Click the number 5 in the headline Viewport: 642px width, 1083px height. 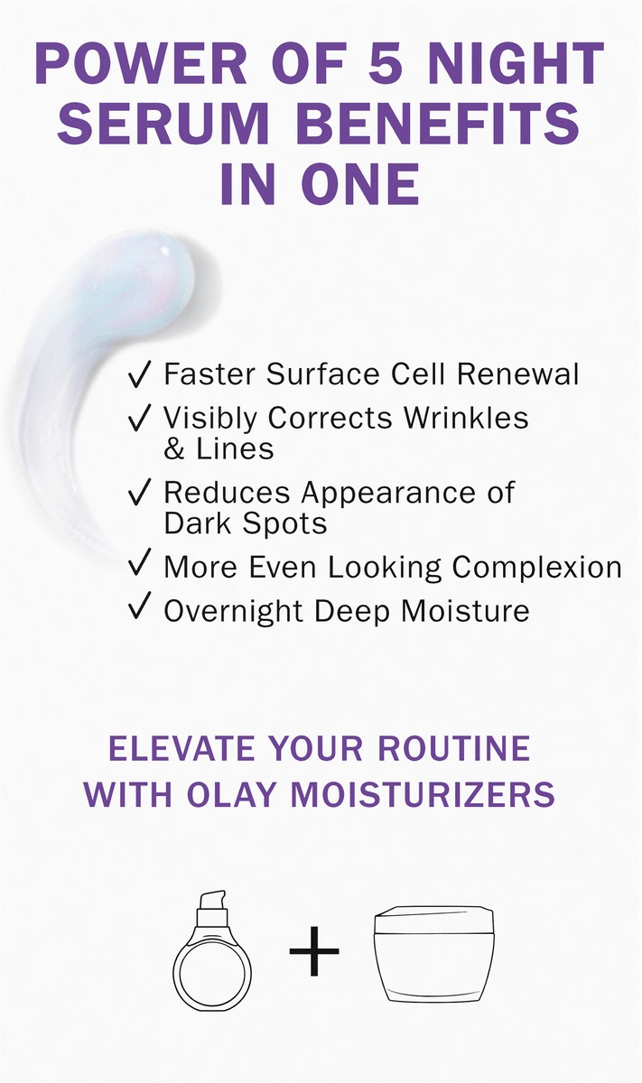coord(386,63)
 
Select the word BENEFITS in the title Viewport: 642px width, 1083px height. coord(438,123)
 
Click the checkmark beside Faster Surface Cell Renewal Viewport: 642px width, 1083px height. coord(139,375)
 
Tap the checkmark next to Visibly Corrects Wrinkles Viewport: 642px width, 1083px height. coord(139,418)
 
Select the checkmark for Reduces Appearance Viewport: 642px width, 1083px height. coord(139,492)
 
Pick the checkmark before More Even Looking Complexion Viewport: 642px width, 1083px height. coord(139,562)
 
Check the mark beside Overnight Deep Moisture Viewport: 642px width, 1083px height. coord(139,606)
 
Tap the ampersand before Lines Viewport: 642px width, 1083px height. coord(174,449)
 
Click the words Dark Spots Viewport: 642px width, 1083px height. coord(246,523)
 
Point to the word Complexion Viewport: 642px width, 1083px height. coord(537,568)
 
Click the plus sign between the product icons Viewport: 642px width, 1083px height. coord(314,951)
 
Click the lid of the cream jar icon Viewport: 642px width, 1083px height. coord(434,919)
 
